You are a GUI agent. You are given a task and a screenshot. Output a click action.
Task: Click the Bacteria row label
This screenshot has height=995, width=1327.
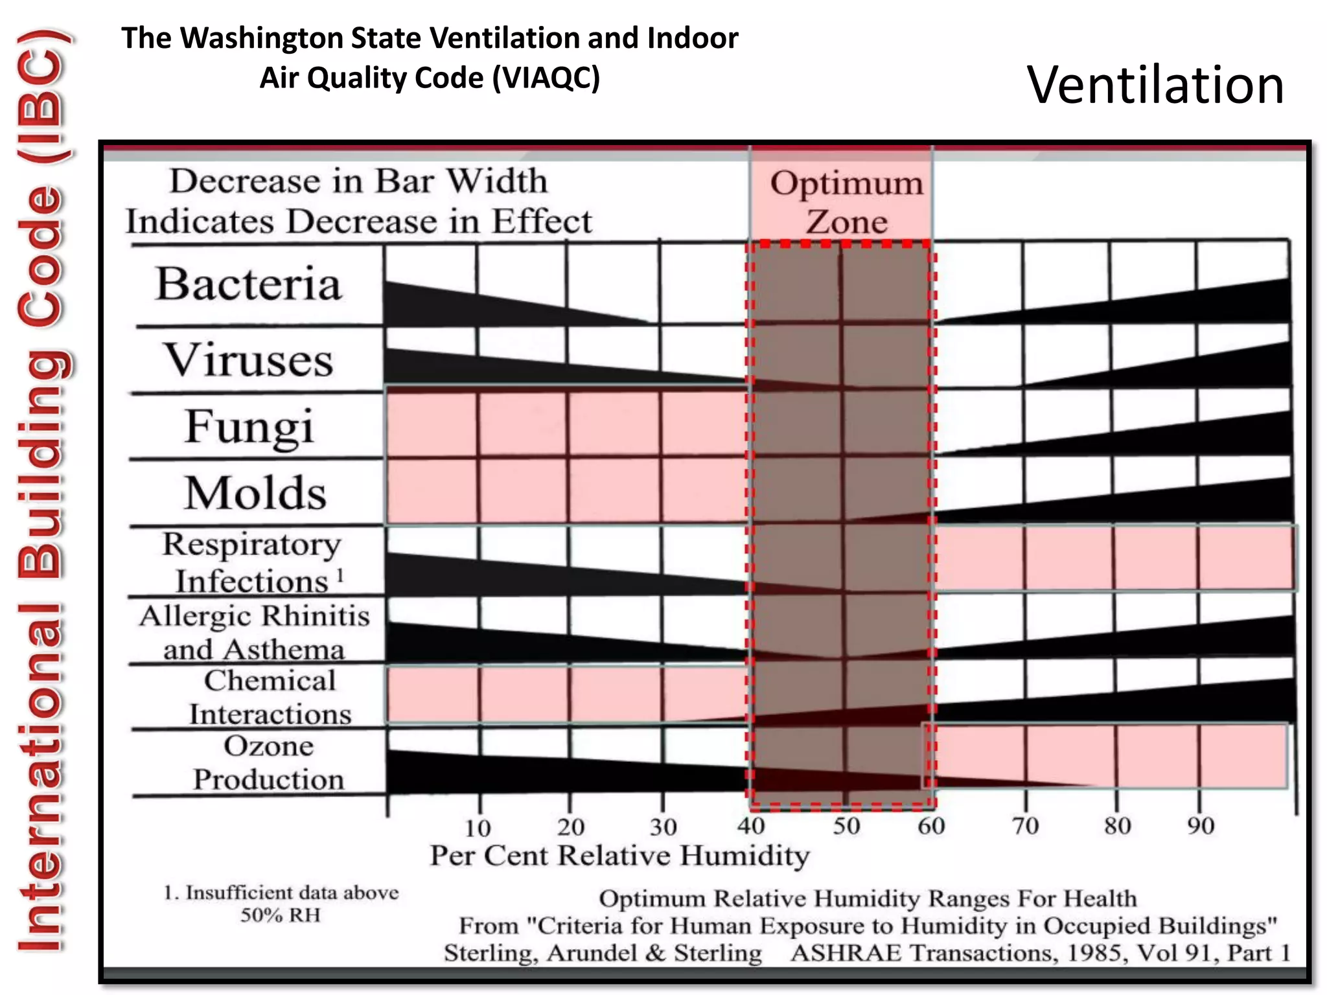[249, 284]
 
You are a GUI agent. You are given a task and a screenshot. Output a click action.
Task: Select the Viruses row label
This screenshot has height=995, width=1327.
[249, 360]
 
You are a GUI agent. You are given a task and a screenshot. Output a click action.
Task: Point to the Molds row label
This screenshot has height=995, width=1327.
[255, 494]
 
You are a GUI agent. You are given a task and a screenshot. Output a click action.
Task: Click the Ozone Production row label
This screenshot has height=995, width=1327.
[268, 762]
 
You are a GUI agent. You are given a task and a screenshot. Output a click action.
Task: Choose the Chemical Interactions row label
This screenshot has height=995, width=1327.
[270, 698]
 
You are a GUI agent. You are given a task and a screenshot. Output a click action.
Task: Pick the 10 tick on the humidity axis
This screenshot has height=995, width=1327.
[478, 827]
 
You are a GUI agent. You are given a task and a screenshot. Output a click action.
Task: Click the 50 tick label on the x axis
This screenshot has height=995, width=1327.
[846, 826]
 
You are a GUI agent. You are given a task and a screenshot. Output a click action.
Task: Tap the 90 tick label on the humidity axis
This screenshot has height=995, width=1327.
[1200, 826]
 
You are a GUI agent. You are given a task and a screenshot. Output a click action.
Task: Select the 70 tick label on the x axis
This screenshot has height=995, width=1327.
[1025, 826]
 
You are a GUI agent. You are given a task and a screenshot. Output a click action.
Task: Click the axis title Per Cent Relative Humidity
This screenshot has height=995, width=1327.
[619, 856]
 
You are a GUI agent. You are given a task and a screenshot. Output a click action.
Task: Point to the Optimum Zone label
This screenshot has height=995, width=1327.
[846, 202]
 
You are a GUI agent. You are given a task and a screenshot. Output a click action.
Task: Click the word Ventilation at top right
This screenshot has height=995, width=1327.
[1155, 85]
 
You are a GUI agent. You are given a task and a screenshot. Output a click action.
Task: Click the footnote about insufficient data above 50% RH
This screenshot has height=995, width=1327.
[281, 904]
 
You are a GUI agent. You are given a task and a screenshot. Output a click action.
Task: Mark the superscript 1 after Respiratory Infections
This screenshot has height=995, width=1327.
[340, 574]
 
